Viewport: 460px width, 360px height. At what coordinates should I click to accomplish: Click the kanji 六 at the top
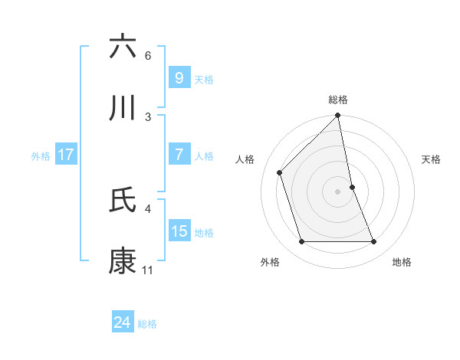[x=123, y=47]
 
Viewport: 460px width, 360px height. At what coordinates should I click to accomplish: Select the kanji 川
[x=123, y=108]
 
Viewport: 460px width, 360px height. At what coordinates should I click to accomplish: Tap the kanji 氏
[x=123, y=199]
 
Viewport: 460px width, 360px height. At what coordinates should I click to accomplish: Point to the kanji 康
[x=123, y=261]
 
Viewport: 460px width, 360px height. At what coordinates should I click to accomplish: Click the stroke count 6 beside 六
[x=148, y=56]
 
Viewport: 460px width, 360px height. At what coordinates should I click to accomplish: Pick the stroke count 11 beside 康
[x=147, y=270]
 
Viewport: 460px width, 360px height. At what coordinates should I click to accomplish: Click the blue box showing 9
[x=179, y=77]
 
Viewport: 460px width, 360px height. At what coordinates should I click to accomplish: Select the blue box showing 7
[x=179, y=155]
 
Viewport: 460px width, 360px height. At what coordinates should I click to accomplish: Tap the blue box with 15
[x=179, y=231]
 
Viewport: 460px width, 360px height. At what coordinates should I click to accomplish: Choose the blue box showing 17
[x=65, y=155]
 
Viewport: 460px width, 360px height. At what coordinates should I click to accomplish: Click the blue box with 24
[x=122, y=323]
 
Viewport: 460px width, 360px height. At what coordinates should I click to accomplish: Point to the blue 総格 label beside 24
[x=147, y=324]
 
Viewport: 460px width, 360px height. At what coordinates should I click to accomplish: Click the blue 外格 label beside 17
[x=41, y=155]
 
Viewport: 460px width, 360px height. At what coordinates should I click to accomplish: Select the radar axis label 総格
[x=338, y=100]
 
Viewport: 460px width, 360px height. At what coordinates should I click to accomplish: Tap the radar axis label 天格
[x=432, y=159]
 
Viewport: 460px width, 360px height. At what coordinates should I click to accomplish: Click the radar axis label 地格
[x=402, y=262]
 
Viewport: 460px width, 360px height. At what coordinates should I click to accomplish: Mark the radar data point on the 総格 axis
[x=338, y=116]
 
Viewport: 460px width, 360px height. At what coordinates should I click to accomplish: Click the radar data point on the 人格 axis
[x=280, y=172]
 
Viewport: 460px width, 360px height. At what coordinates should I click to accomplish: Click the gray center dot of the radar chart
[x=338, y=191]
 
